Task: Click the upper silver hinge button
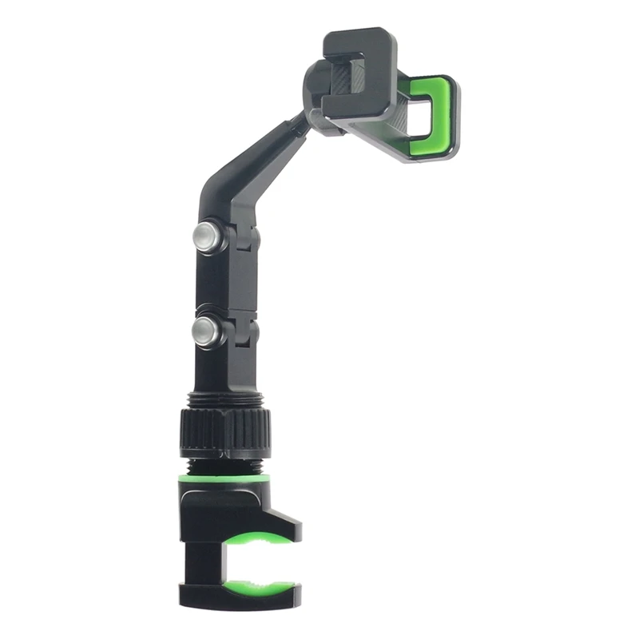click(207, 237)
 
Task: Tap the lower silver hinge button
click(207, 331)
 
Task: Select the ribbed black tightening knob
click(223, 432)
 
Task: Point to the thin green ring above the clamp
click(224, 478)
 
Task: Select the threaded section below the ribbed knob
click(224, 466)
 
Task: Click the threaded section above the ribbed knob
click(224, 399)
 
